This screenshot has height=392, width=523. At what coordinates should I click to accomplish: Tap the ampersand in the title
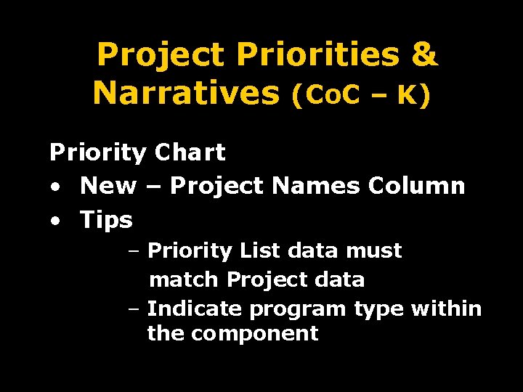coord(424,55)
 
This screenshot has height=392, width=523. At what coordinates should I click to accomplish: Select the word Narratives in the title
coord(187,93)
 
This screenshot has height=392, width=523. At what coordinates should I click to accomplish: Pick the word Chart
coord(190,152)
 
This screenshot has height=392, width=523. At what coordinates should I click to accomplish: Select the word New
coord(108,186)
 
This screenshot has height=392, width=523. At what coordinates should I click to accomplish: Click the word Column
coord(416,186)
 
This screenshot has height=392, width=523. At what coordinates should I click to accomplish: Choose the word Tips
coord(107,219)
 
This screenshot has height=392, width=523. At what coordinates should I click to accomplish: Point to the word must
coord(373,251)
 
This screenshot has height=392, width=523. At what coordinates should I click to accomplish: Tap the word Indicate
coord(195,309)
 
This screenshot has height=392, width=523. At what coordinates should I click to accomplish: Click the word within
coord(446,309)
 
